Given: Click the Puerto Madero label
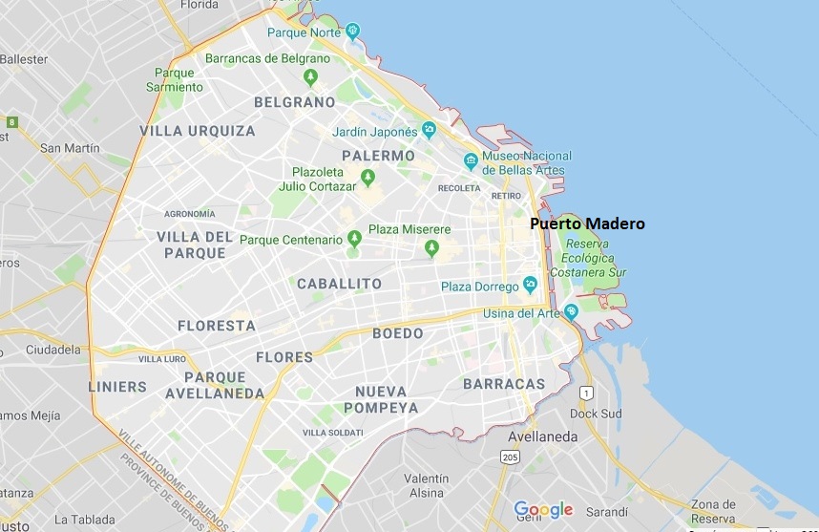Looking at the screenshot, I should pyautogui.click(x=587, y=224).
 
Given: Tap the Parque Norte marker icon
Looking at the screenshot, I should pyautogui.click(x=353, y=32).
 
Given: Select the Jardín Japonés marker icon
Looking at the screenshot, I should pyautogui.click(x=430, y=130).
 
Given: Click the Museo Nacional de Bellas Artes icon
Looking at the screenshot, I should pyautogui.click(x=470, y=160).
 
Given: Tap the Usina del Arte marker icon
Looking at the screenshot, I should pyautogui.click(x=571, y=311).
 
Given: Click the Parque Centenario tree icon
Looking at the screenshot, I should pyautogui.click(x=354, y=238).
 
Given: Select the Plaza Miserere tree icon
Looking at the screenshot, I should pyautogui.click(x=431, y=248).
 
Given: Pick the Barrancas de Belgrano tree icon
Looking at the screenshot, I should pyautogui.click(x=309, y=77).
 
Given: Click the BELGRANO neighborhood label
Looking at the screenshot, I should pyautogui.click(x=294, y=102).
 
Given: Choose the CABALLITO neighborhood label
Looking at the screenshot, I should pyautogui.click(x=339, y=284).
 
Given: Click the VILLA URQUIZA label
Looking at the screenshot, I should pyautogui.click(x=198, y=131).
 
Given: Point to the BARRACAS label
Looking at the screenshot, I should pyautogui.click(x=503, y=384).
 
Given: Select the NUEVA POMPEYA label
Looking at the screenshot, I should pyautogui.click(x=387, y=399).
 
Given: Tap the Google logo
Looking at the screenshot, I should pyautogui.click(x=543, y=509).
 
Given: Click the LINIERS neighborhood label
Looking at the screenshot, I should pyautogui.click(x=117, y=387).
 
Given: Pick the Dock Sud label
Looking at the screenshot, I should pyautogui.click(x=596, y=414).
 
